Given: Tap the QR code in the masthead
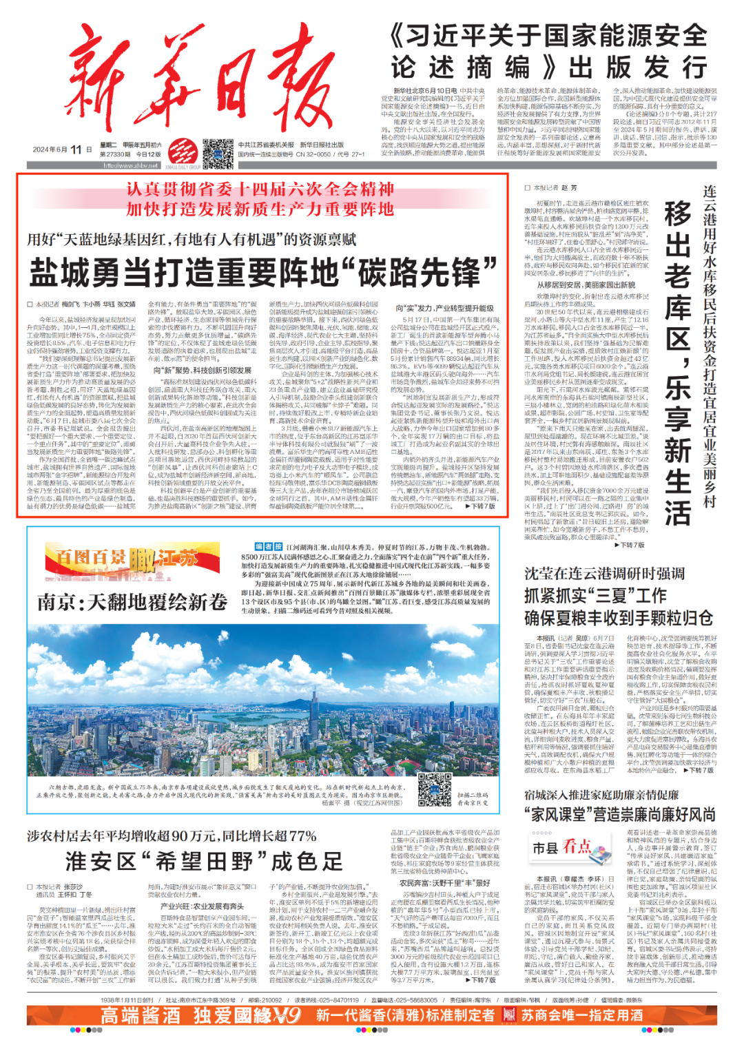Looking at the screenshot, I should pyautogui.click(x=218, y=153).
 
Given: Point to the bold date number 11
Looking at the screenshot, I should pyautogui.click(x=76, y=149).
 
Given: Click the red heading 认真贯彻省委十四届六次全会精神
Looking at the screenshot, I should pyautogui.click(x=260, y=189).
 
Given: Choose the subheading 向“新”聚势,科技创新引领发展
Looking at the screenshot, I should pyautogui.click(x=202, y=371).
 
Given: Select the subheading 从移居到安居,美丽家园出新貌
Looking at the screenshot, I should pyautogui.click(x=586, y=284).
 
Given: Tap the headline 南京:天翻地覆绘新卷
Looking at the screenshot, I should pyautogui.click(x=132, y=602).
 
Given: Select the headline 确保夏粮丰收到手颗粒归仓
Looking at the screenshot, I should pyautogui.click(x=618, y=618).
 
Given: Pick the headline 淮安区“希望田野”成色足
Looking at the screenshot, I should pyautogui.click(x=204, y=861).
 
